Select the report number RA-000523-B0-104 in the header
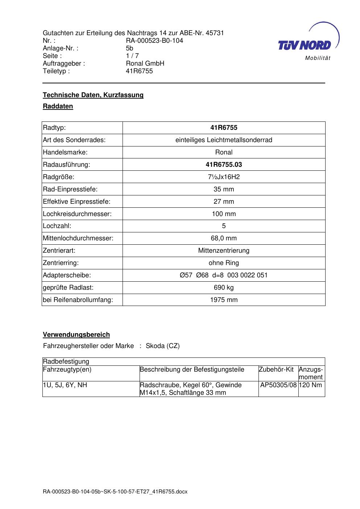pyautogui.click(x=154, y=41)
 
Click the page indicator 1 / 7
pyautogui.click(x=132, y=56)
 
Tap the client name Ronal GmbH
pyautogui.click(x=145, y=63)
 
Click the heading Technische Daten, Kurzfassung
pyautogui.click(x=93, y=95)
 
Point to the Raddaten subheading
pyautogui.click(x=58, y=106)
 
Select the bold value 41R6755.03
pyautogui.click(x=224, y=165)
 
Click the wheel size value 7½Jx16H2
pyautogui.click(x=224, y=177)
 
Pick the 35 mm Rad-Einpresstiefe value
pyautogui.click(x=224, y=189)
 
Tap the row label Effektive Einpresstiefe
pyautogui.click(x=76, y=202)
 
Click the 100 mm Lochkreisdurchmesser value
pyautogui.click(x=224, y=214)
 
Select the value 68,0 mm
pyautogui.click(x=224, y=238)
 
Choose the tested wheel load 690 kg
pyautogui.click(x=224, y=287)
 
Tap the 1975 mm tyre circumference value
pyautogui.click(x=224, y=300)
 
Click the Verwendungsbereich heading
pyautogui.click(x=76, y=335)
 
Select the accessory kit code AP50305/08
pyautogui.click(x=278, y=385)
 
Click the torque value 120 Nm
pyautogui.click(x=311, y=385)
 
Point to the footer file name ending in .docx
pyautogui.click(x=115, y=492)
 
